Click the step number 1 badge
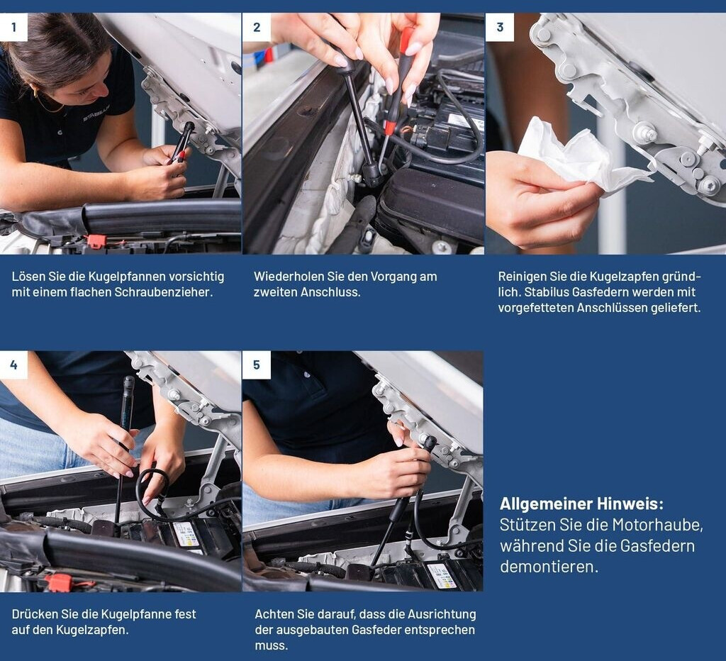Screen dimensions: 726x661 (x=13, y=27)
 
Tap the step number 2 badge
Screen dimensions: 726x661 (x=257, y=27)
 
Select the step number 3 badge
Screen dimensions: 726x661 (x=500, y=27)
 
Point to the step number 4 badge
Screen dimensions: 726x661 (x=13, y=365)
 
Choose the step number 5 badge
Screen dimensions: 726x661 (x=257, y=365)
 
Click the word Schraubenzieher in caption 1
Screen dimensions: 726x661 (x=164, y=292)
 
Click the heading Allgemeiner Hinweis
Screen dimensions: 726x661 (x=581, y=504)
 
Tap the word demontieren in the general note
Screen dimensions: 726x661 (x=549, y=567)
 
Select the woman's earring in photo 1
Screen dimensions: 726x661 (x=36, y=93)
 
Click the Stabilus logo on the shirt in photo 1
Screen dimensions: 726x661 (x=96, y=113)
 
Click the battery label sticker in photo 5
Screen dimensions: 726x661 (x=441, y=575)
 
